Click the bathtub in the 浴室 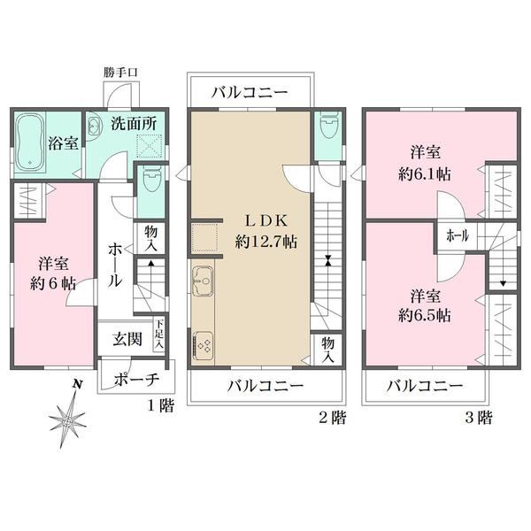click(30, 142)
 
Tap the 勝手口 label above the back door click(120, 73)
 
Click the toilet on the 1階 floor click(150, 180)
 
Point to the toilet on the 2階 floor click(327, 126)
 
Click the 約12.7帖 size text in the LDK click(266, 242)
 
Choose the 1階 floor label click(161, 405)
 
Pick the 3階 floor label click(478, 417)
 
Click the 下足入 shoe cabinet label click(159, 334)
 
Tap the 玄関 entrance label click(127, 339)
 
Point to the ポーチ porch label click(136, 380)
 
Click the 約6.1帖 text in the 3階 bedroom click(424, 174)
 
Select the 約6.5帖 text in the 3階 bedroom click(424, 316)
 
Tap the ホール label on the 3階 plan click(458, 235)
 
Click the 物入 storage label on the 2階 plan click(327, 350)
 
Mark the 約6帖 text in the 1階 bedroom click(53, 283)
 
